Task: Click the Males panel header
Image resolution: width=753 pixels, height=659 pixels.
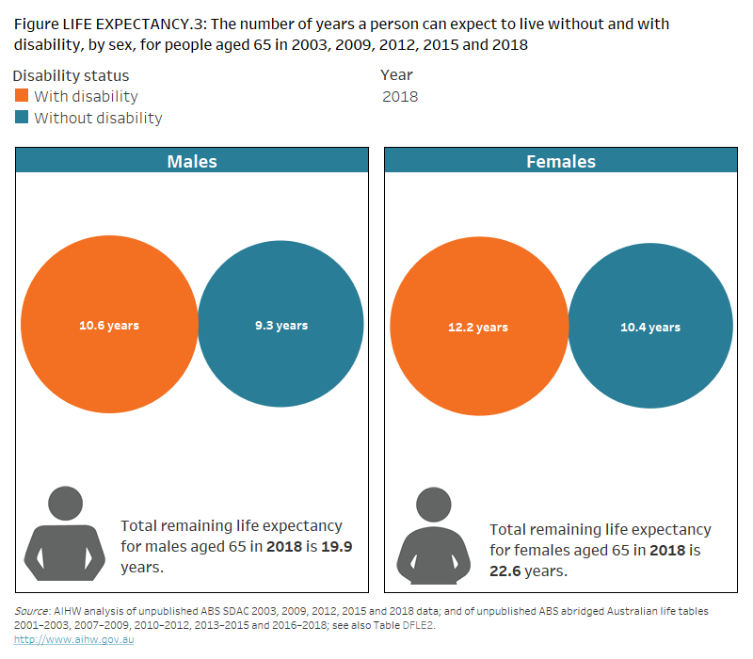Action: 192,161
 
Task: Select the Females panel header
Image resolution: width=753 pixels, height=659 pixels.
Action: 561,161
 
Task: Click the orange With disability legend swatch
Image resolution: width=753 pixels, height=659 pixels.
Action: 23,96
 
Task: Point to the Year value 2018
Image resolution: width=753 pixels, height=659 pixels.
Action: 400,96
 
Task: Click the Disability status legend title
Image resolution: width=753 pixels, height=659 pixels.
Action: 72,75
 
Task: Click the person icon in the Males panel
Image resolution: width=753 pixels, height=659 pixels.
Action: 64,533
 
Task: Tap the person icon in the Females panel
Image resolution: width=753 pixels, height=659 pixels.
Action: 434,535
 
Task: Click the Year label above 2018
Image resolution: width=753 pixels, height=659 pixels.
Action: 396,75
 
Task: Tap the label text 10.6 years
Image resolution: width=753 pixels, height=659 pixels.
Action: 109,326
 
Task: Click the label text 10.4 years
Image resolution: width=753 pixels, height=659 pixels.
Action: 650,328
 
